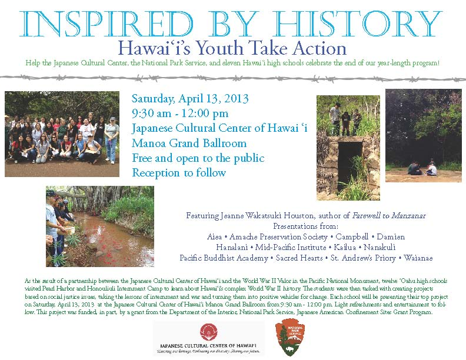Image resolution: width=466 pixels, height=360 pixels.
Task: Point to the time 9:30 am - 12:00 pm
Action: point(180,113)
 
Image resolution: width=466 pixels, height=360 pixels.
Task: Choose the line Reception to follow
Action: point(179,173)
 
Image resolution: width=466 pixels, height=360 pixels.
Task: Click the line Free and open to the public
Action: point(198,158)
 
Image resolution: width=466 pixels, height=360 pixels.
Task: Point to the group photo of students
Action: point(62,134)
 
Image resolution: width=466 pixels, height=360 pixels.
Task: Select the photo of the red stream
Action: point(100,226)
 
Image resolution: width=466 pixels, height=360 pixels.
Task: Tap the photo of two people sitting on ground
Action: point(423,135)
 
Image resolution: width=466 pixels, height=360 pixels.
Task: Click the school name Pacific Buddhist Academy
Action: point(222,258)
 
